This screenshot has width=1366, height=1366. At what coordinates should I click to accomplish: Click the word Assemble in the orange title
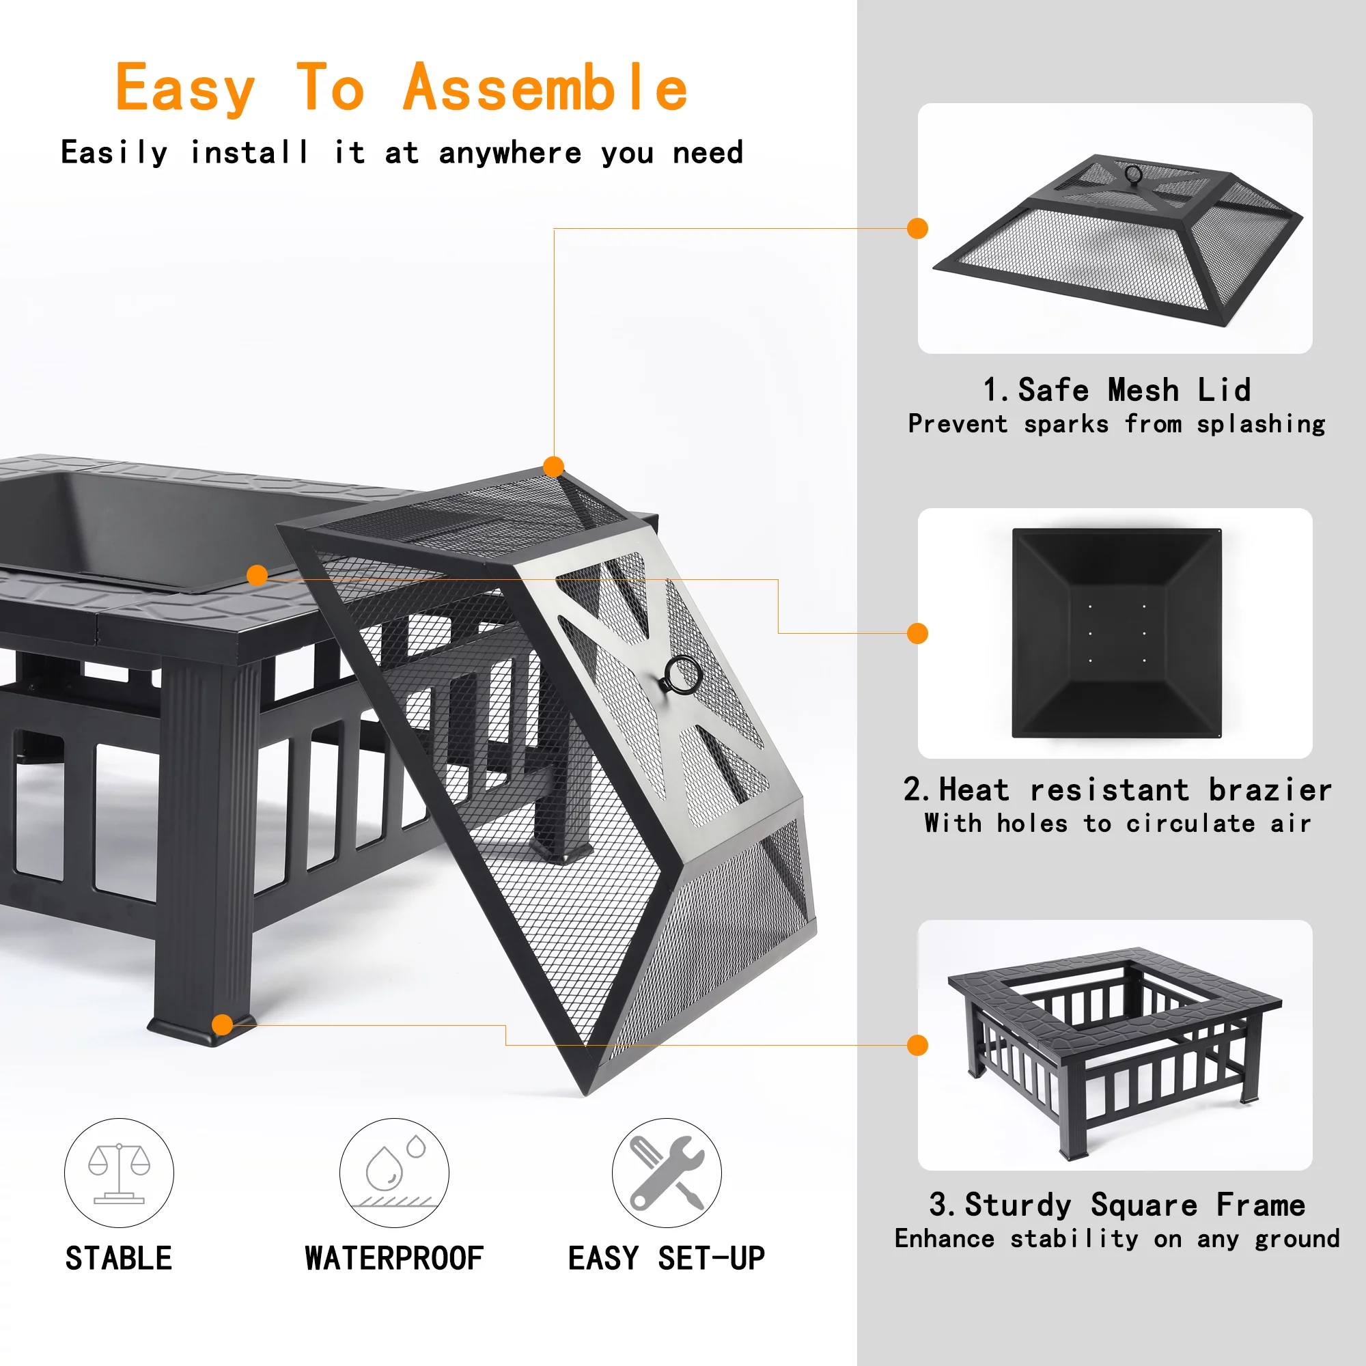[x=544, y=88]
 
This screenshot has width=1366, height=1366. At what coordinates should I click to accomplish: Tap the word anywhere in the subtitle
[x=510, y=154]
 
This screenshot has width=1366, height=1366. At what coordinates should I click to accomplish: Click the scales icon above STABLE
[x=119, y=1172]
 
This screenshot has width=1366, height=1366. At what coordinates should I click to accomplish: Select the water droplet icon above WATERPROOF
[x=394, y=1172]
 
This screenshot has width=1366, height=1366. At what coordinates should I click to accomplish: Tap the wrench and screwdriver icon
[x=666, y=1172]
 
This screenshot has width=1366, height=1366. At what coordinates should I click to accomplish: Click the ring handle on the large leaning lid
[x=683, y=675]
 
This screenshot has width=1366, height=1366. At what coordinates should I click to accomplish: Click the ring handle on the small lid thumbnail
[x=1133, y=174]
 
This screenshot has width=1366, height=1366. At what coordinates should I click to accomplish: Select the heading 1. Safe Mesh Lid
[x=1117, y=390]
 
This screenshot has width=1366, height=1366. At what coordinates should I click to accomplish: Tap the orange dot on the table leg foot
[x=222, y=1024]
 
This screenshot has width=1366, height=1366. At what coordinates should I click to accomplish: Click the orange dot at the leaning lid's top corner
[x=554, y=466]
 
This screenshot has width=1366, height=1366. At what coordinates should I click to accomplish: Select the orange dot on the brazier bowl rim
[x=257, y=575]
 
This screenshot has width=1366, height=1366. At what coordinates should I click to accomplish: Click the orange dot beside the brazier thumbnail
[x=917, y=634]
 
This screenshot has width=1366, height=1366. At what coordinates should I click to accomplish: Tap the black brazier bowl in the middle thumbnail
[x=1117, y=634]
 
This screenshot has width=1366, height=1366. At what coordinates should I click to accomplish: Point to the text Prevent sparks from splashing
[x=1117, y=424]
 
